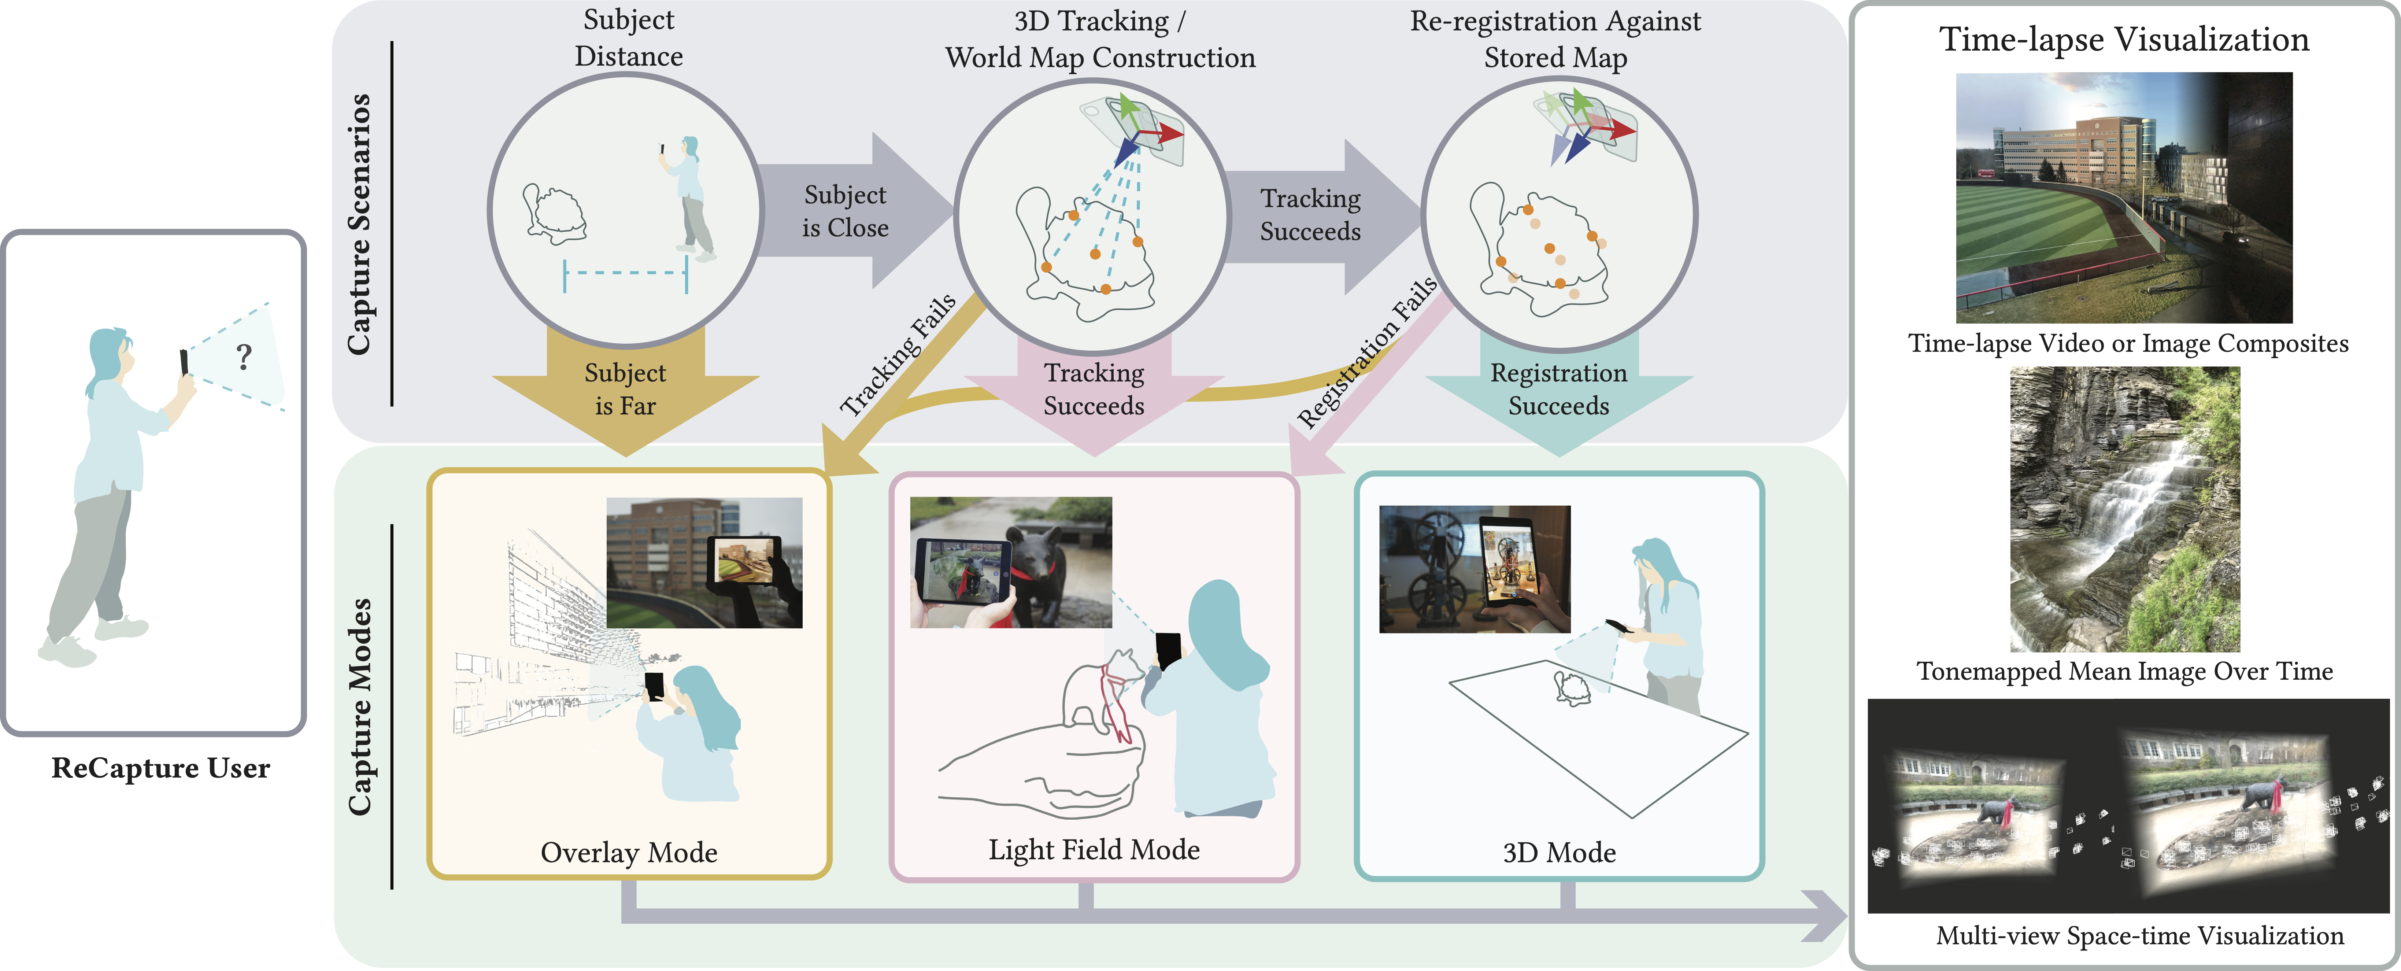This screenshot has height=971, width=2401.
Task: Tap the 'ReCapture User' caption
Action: (x=160, y=768)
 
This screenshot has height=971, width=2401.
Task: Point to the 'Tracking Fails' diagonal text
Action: (x=898, y=355)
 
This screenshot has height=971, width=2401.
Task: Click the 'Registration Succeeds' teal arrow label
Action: (x=1558, y=389)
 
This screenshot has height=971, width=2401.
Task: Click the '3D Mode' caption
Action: (x=1558, y=853)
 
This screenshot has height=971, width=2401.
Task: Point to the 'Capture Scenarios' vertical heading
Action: (x=360, y=224)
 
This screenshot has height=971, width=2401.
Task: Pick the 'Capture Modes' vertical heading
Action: (x=360, y=706)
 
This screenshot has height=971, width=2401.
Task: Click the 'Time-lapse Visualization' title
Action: (x=2124, y=39)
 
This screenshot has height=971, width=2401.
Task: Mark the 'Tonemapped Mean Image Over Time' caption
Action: (x=2124, y=671)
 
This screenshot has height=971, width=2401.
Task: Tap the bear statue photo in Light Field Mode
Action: (x=1010, y=562)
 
